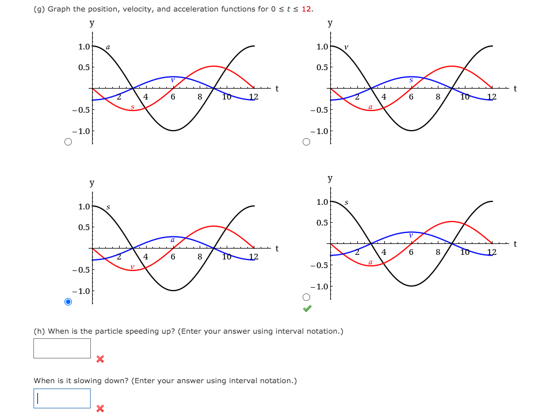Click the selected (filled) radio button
68,301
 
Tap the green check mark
308,309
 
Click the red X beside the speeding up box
100,359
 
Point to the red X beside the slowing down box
100,408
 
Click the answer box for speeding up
62,348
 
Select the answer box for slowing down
62,398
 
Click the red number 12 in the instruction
307,9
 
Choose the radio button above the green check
307,297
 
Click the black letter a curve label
108,47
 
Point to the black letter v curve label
346,47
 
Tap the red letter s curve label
132,106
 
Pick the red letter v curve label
132,266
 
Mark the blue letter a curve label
173,239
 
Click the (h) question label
39,331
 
